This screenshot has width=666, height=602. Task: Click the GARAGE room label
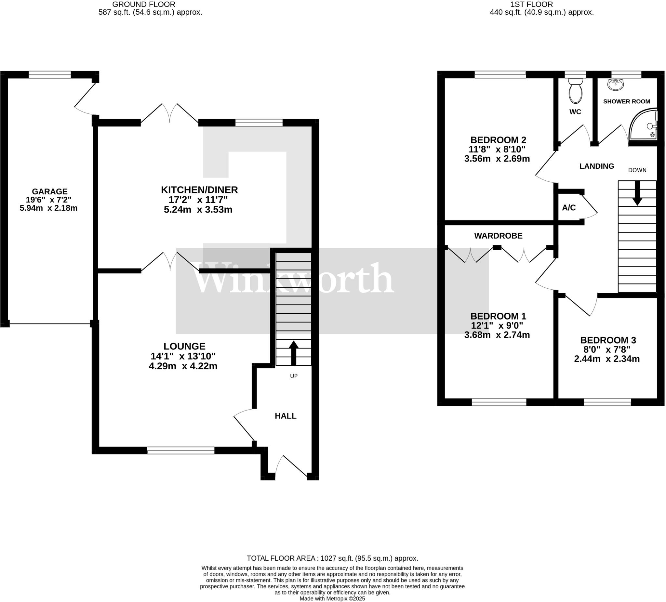(49, 191)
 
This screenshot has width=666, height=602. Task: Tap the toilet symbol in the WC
(576, 91)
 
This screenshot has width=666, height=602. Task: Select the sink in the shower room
(616, 85)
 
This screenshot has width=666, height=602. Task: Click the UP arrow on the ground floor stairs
(294, 353)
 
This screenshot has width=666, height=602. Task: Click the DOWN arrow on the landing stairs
(637, 193)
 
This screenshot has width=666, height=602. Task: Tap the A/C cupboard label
(569, 208)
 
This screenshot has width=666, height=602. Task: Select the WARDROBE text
(498, 236)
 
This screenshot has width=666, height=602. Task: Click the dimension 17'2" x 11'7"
(198, 200)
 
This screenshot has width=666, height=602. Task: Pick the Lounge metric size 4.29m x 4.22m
(183, 366)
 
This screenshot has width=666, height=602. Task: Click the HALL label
(286, 416)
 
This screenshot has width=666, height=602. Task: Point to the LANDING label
(597, 166)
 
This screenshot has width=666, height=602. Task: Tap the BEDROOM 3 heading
(608, 340)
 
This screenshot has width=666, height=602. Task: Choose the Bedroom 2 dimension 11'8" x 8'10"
(497, 149)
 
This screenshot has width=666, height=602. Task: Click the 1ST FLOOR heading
(541, 4)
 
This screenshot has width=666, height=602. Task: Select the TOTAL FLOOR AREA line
(332, 558)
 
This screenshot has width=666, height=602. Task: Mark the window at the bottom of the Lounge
(181, 451)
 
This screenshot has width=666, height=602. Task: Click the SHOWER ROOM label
(626, 102)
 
